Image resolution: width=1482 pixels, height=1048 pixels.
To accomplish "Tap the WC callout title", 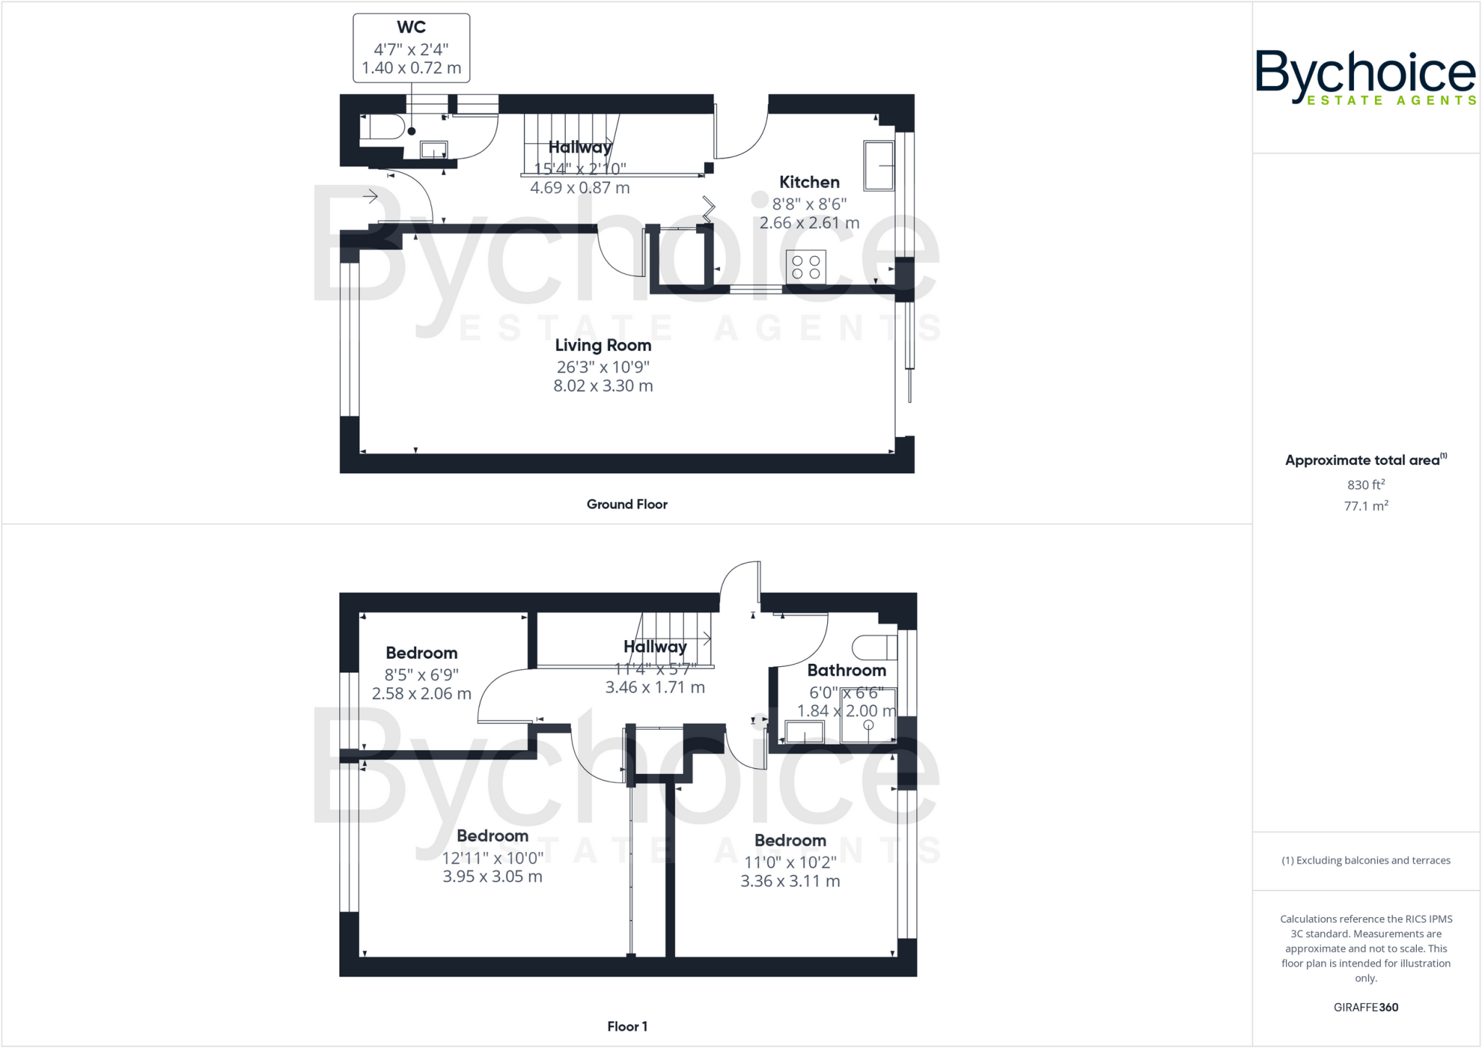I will (411, 27).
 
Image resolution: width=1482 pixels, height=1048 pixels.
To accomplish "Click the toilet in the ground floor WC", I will (384, 127).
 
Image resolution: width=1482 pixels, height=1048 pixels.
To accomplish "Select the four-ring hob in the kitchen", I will (805, 266).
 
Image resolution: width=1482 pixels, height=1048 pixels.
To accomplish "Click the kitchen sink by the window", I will (878, 166).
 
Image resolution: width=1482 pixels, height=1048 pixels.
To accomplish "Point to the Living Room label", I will (603, 346).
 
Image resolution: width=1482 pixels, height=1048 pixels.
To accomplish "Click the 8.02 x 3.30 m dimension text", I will (603, 386).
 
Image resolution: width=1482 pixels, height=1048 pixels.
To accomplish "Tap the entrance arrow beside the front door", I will (370, 196).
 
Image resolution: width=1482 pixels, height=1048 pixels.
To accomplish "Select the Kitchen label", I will (809, 182).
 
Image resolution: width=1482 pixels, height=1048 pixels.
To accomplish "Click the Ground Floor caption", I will (627, 504).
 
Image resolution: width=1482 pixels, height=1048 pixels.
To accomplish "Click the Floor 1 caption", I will (627, 1026).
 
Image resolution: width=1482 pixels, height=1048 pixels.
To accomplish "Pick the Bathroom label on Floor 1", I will (846, 670).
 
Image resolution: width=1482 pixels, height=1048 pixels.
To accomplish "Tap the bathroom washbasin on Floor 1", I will (805, 732).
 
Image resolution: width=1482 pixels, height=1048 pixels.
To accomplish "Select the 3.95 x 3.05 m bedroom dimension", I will (492, 877).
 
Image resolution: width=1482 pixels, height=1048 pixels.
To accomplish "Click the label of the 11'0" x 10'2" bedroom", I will (789, 840).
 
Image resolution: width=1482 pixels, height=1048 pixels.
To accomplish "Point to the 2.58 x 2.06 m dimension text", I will (421, 694).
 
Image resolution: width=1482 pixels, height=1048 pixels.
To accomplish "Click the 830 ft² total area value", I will (1365, 485).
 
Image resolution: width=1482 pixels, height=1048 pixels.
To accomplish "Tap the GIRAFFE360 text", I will (1365, 1007).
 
